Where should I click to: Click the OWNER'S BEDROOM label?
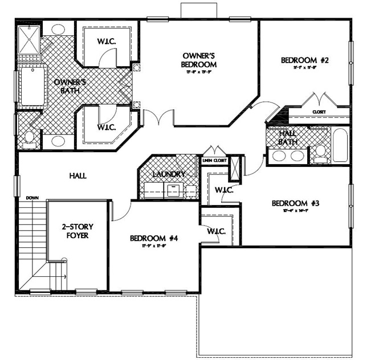click(199, 60)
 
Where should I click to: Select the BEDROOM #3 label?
click(295, 203)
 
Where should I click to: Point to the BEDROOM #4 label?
click(154, 238)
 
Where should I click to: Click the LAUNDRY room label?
click(169, 174)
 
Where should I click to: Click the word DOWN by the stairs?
click(32, 198)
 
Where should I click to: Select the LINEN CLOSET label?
click(215, 161)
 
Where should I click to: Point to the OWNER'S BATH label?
click(66, 86)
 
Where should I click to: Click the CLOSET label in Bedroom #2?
click(319, 112)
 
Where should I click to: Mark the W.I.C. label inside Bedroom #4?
click(216, 232)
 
